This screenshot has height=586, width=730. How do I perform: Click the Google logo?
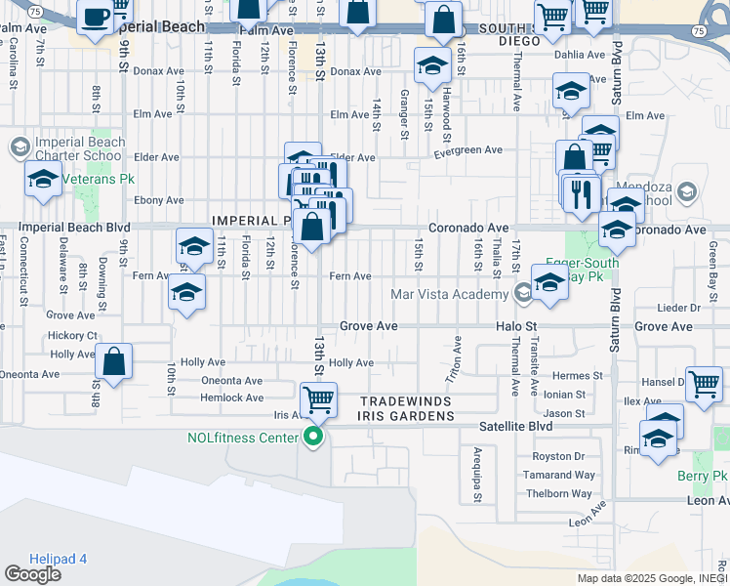33,574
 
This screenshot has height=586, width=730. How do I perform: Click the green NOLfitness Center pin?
313,437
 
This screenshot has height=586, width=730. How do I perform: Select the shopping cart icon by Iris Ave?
318,398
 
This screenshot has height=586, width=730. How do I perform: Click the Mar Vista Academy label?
448,294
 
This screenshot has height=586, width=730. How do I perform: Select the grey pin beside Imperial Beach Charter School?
19,148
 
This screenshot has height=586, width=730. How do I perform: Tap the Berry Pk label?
703,476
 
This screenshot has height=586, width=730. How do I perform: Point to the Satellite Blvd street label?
516,426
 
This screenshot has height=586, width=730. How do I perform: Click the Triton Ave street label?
455,360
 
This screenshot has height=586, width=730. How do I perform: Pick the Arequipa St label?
478,476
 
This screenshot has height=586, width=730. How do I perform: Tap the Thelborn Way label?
558,493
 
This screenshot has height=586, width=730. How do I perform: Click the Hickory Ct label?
71,335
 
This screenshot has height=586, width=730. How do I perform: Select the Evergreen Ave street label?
467,150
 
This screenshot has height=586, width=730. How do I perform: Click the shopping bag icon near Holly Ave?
114,361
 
